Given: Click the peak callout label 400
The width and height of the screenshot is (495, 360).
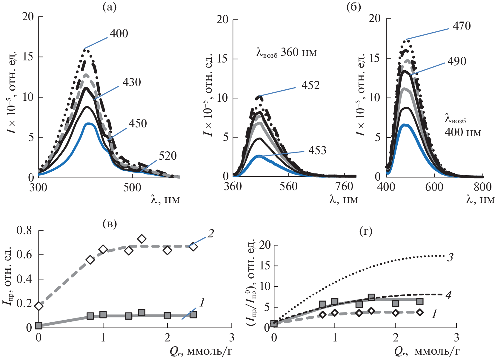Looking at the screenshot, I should click(119, 33).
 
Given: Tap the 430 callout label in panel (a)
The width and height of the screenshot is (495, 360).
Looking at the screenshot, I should click(132, 82).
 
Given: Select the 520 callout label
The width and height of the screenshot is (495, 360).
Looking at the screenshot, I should click(167, 156).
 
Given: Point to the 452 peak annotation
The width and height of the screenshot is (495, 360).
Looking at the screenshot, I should click(310, 86).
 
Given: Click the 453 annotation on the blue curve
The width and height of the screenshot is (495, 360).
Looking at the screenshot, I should click(317, 150).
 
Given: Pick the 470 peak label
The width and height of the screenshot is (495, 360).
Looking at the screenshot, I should click(462, 26).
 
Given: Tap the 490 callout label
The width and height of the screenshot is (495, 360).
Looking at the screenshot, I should click(457, 61).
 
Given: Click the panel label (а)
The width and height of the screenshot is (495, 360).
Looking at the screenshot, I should click(109, 7).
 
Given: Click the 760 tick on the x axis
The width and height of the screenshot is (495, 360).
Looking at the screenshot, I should click(344, 187).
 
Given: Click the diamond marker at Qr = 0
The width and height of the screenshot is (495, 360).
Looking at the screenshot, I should click(39, 306).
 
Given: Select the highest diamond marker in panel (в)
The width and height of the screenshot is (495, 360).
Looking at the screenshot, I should click(142, 239).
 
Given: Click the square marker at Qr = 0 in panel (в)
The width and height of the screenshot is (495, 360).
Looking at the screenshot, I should click(39, 326).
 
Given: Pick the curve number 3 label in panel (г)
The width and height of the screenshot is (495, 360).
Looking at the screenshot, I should click(450, 257).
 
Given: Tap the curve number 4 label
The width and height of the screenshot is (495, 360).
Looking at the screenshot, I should click(448, 295).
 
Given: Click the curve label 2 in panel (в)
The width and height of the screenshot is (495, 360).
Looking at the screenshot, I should click(211, 234).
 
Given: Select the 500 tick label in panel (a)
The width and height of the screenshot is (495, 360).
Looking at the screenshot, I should click(132, 188).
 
